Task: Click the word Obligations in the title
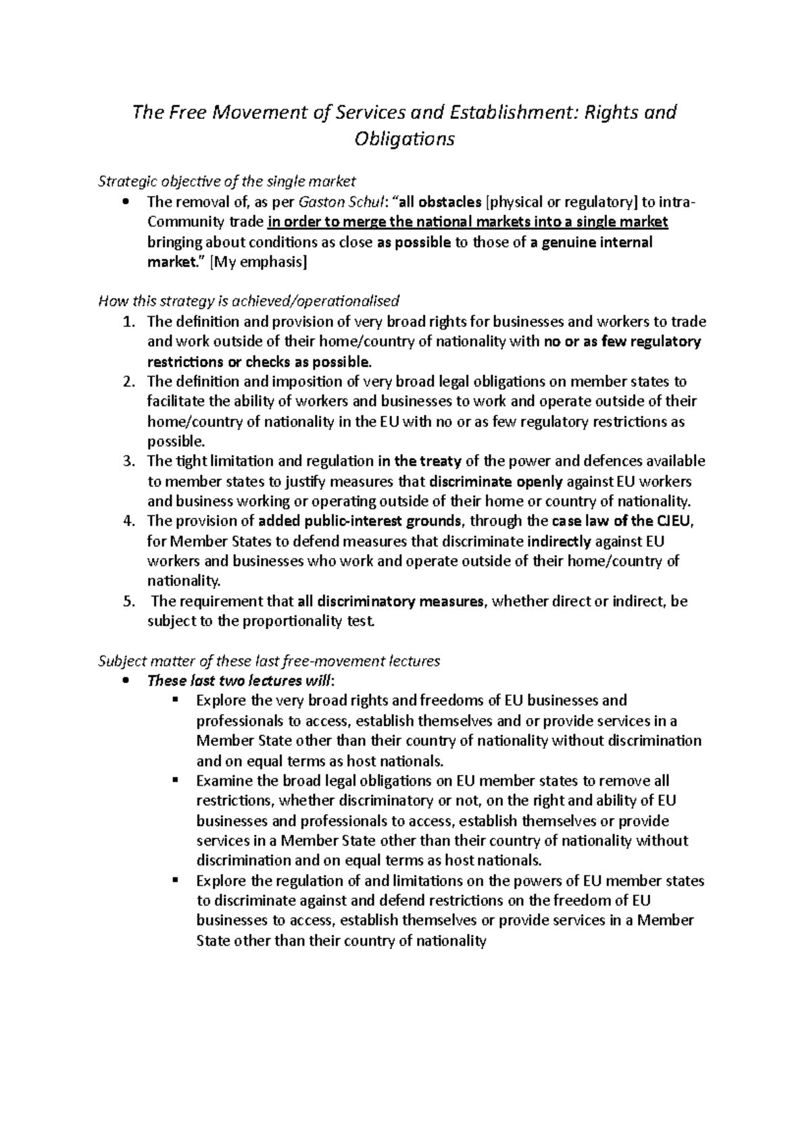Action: pyautogui.click(x=405, y=139)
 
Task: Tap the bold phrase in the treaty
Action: pyautogui.click(x=420, y=461)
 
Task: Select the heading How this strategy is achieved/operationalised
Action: pyautogui.click(x=249, y=301)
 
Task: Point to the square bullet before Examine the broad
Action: pyautogui.click(x=175, y=780)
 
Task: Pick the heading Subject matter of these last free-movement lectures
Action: pyautogui.click(x=270, y=661)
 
